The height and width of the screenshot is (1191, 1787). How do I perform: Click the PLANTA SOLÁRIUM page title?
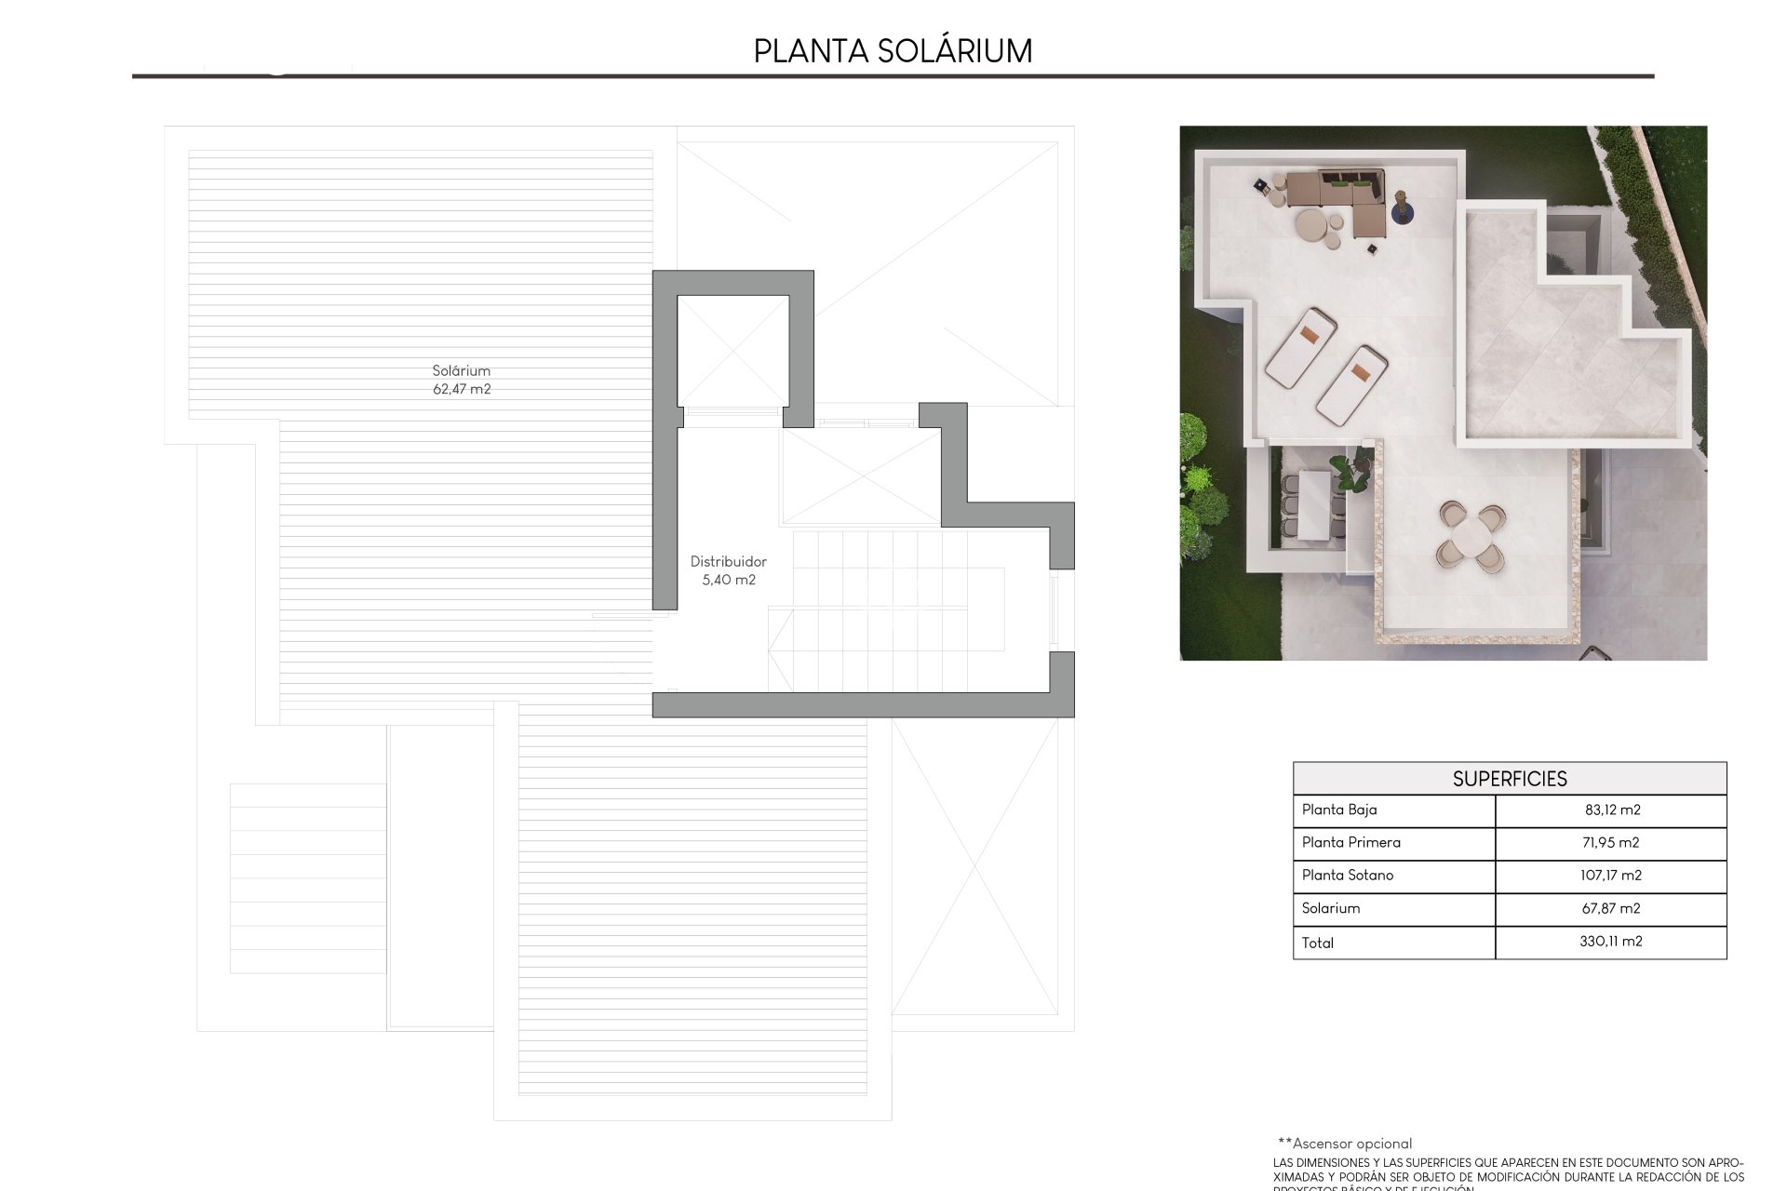point(893,51)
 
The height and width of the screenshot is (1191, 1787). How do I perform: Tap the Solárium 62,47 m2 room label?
point(462,380)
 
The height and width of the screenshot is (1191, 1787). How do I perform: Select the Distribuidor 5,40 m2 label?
point(728,570)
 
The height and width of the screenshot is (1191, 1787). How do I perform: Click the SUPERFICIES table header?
point(1509,779)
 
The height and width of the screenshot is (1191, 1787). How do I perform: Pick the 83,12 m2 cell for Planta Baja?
point(1612,810)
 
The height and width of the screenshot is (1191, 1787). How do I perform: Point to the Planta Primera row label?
point(1350,842)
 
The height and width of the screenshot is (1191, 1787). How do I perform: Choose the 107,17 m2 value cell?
point(1612,875)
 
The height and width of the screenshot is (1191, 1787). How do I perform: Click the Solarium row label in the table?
point(1331,908)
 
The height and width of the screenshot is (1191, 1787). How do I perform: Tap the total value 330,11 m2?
point(1610,942)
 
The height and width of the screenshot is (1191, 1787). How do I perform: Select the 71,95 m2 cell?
point(1612,842)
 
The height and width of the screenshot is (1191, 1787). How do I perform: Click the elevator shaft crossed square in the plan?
point(732,352)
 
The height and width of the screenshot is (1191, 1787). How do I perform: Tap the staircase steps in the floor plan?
point(884,609)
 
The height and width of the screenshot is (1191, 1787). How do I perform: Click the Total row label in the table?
point(1318,943)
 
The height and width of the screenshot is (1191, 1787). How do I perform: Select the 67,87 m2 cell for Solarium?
point(1610,908)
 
